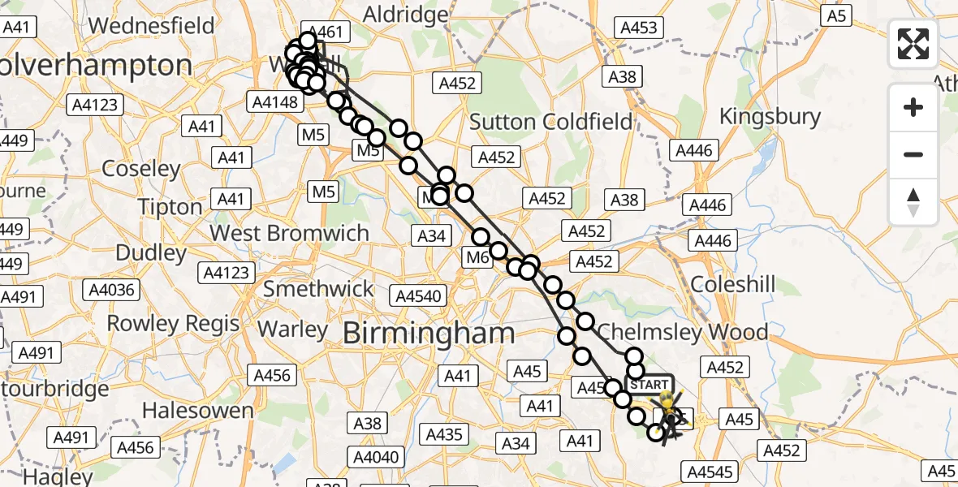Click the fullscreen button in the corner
click(x=913, y=44)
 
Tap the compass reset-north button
click(x=913, y=201)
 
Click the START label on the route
click(x=649, y=385)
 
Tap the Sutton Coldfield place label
click(x=551, y=122)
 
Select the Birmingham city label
click(x=429, y=333)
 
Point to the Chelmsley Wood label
click(x=682, y=332)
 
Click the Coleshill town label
click(x=731, y=285)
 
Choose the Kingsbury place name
click(x=770, y=117)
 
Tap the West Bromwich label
click(x=289, y=233)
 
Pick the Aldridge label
click(x=405, y=15)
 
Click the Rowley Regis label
click(x=173, y=324)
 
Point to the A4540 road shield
click(x=417, y=295)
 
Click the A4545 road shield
click(x=710, y=472)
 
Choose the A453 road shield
click(x=639, y=28)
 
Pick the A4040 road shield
click(x=377, y=457)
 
